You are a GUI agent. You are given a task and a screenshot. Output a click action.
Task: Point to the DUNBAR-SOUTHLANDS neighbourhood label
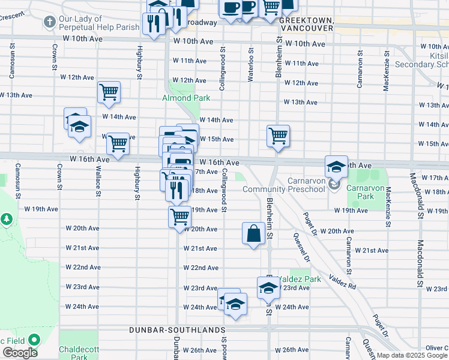pos(178,330)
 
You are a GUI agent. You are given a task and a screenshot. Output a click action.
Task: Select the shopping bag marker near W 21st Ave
pos(253,233)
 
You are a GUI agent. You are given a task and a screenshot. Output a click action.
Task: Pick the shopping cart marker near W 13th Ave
pos(109,92)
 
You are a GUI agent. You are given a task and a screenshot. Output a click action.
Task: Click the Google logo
pos(20,353)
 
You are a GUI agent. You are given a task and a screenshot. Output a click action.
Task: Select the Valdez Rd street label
pos(342,283)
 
